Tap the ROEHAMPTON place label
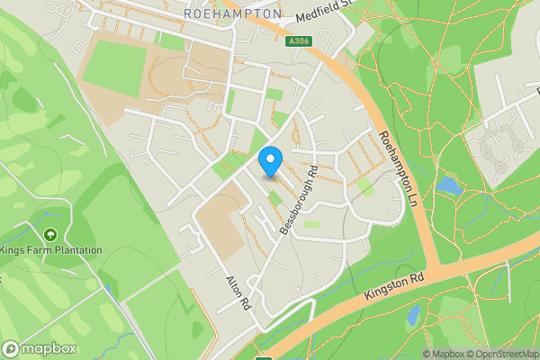click(231, 15)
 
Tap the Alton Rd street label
click(236, 292)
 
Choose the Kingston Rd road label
click(394, 289)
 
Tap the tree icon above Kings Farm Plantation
click(49, 235)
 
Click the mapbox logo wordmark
click(40, 349)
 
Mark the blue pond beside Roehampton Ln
click(447, 185)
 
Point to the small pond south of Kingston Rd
click(413, 315)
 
